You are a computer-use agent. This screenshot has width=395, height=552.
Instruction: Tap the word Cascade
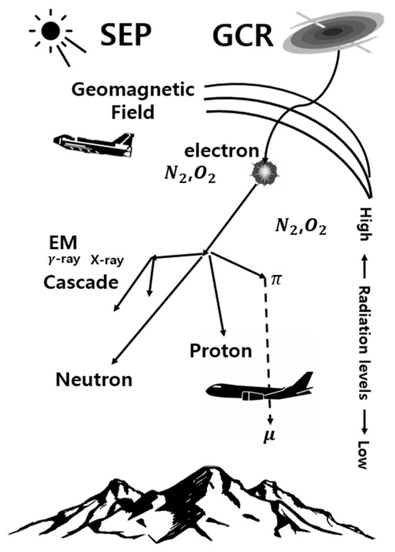[80, 281]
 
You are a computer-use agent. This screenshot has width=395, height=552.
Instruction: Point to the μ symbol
[270, 436]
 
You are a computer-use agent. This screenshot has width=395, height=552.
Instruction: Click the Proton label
[220, 351]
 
